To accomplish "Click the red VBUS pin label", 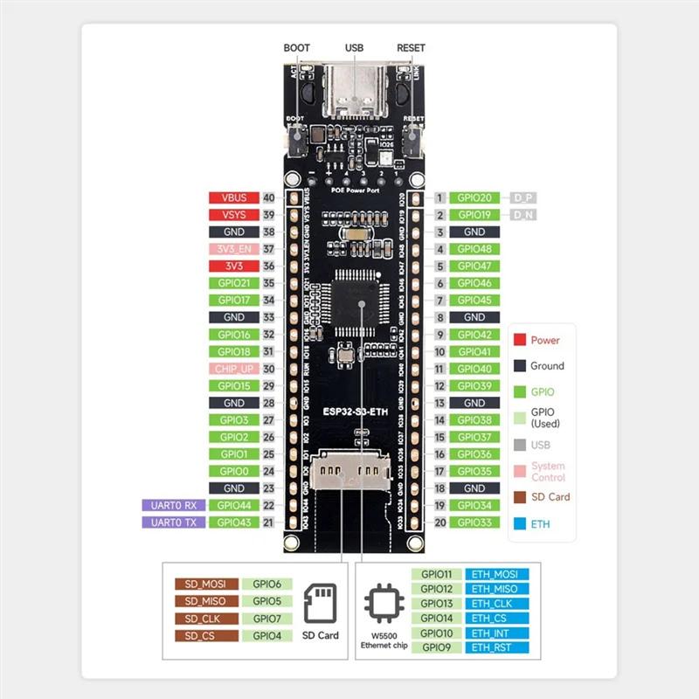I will pos(232,198).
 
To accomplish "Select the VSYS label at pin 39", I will pos(232,215).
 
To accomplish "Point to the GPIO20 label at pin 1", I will pos(474,198).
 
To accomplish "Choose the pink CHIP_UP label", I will pos(232,369).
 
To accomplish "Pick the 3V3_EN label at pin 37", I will pos(232,249).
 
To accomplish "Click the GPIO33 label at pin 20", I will pos(474,523).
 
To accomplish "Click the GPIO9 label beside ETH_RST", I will pos(436,647).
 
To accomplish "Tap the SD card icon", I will pos(321,602).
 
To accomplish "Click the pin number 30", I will pos(269,369).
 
